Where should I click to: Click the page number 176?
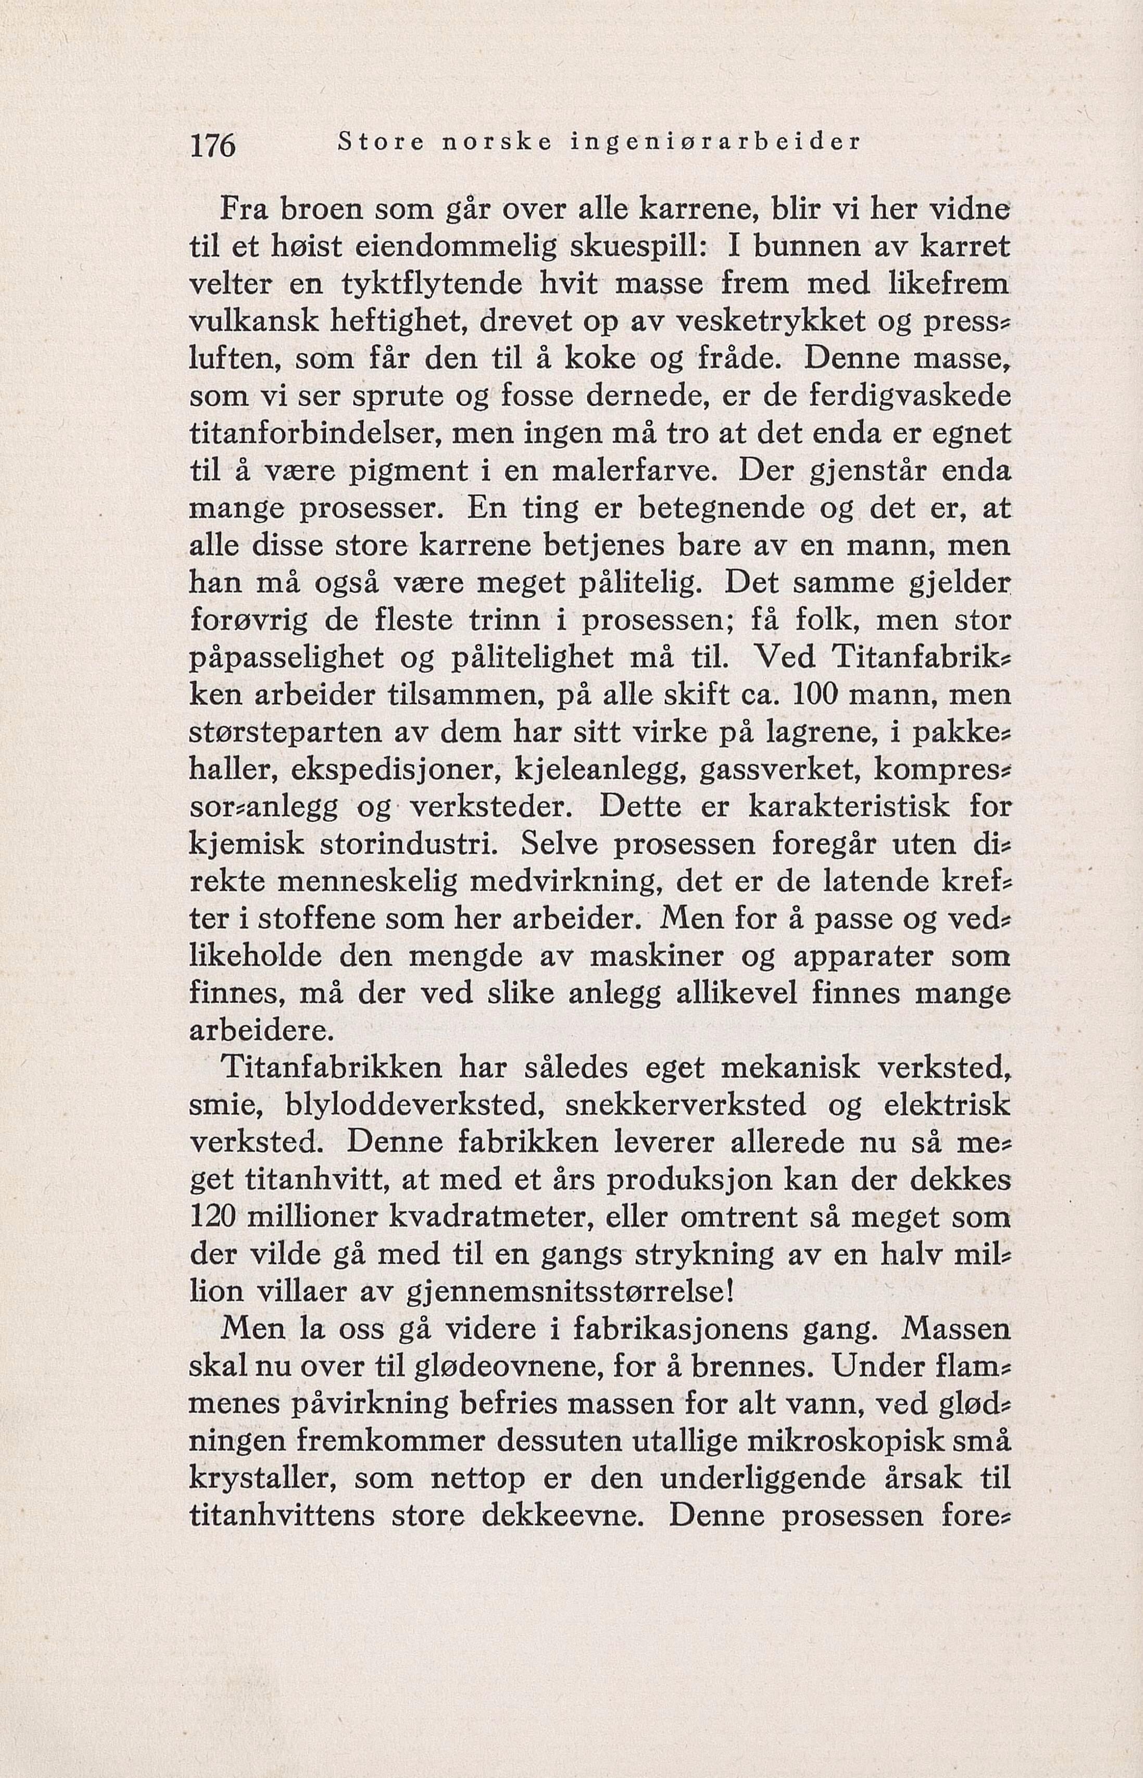coord(213,145)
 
